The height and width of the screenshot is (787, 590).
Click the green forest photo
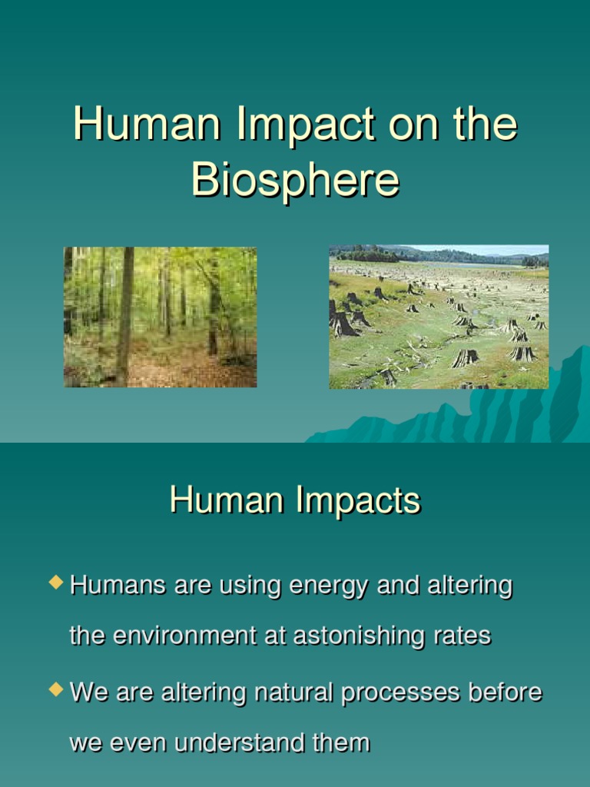click(160, 317)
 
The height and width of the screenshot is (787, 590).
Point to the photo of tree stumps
click(439, 317)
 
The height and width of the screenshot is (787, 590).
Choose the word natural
click(287, 692)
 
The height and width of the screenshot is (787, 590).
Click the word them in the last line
click(341, 742)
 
